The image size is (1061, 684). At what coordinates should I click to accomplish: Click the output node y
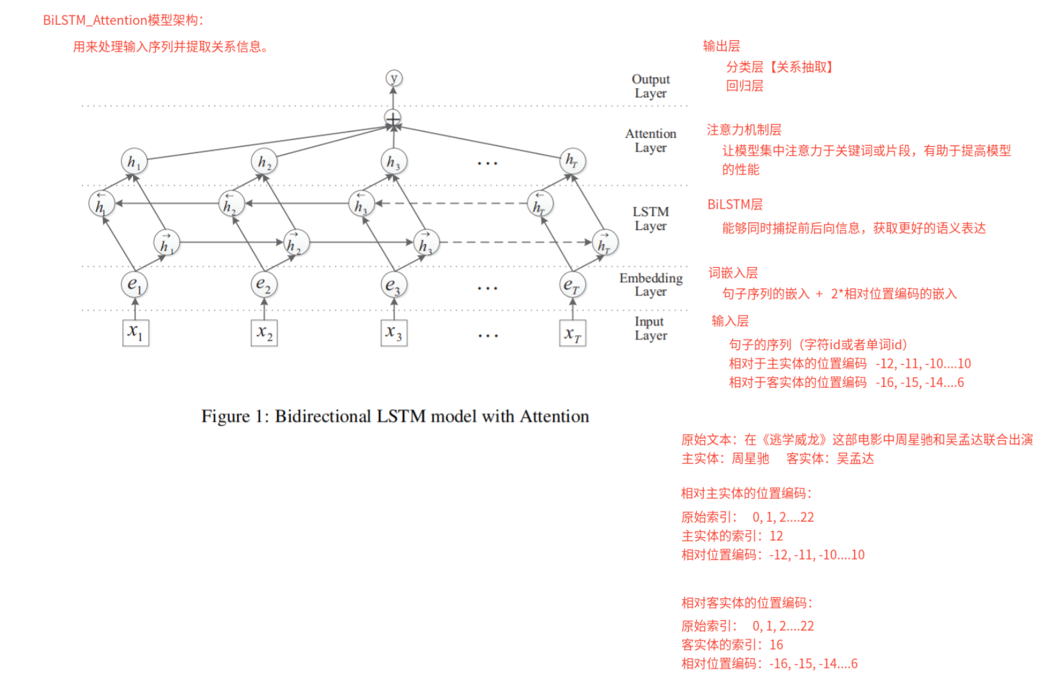pyautogui.click(x=394, y=78)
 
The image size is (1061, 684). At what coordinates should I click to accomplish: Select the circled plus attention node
pyautogui.click(x=392, y=118)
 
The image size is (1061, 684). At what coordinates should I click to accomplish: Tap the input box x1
pyautogui.click(x=136, y=333)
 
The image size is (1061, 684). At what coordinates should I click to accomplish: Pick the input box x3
pyautogui.click(x=394, y=333)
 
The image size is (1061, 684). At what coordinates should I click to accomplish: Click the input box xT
pyautogui.click(x=573, y=333)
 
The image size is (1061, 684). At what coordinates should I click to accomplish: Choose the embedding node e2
pyautogui.click(x=264, y=284)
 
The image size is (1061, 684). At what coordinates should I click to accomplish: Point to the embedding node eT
pyautogui.click(x=572, y=285)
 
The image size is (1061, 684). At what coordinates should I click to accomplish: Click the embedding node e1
pyautogui.click(x=134, y=284)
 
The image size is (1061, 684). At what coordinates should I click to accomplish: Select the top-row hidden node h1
pyautogui.click(x=134, y=162)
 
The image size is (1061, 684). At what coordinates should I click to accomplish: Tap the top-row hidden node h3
pyautogui.click(x=394, y=162)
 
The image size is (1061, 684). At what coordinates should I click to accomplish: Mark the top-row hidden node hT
pyautogui.click(x=572, y=161)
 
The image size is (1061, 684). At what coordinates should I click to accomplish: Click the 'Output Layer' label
pyautogui.click(x=651, y=86)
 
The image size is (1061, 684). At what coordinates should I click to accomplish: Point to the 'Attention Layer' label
pyautogui.click(x=651, y=141)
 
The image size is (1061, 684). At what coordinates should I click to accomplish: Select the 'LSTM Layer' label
pyautogui.click(x=651, y=218)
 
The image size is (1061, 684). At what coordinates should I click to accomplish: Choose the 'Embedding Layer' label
pyautogui.click(x=651, y=285)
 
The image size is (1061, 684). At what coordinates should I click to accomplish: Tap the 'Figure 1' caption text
pyautogui.click(x=395, y=416)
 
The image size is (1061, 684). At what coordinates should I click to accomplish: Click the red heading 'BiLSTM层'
pyautogui.click(x=735, y=204)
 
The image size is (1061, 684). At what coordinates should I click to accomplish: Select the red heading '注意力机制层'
pyautogui.click(x=744, y=130)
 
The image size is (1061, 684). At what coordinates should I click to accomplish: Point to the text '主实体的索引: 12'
pyautogui.click(x=732, y=536)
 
